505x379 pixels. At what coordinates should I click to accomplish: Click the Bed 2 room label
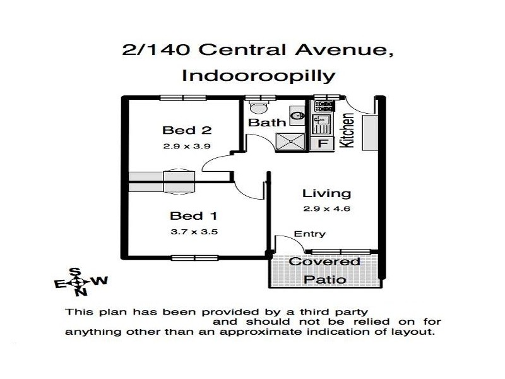click(x=186, y=131)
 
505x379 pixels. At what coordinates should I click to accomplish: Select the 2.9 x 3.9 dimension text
click(x=186, y=146)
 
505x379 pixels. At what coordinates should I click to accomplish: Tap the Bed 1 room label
click(x=186, y=217)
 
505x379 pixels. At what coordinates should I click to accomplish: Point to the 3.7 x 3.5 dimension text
click(x=194, y=232)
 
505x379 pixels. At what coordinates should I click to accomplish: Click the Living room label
click(x=326, y=193)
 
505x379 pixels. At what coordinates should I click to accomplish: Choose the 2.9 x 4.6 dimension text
click(x=326, y=208)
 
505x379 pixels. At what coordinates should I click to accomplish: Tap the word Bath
click(x=267, y=122)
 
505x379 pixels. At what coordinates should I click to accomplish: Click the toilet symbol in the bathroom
click(x=256, y=106)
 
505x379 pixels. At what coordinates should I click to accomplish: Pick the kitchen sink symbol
click(x=322, y=121)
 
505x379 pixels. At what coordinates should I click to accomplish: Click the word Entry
click(x=310, y=234)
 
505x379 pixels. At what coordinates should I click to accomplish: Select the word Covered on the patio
click(x=324, y=262)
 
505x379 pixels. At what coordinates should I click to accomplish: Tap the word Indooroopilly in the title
click(x=258, y=76)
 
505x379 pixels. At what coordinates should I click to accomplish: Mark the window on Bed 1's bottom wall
click(x=193, y=257)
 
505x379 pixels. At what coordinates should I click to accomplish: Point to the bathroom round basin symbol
click(x=296, y=116)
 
